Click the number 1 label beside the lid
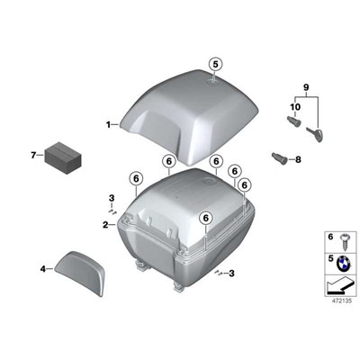click(x=108, y=124)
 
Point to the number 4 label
click(x=43, y=268)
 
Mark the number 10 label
click(x=294, y=107)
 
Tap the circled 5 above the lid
click(x=214, y=64)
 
